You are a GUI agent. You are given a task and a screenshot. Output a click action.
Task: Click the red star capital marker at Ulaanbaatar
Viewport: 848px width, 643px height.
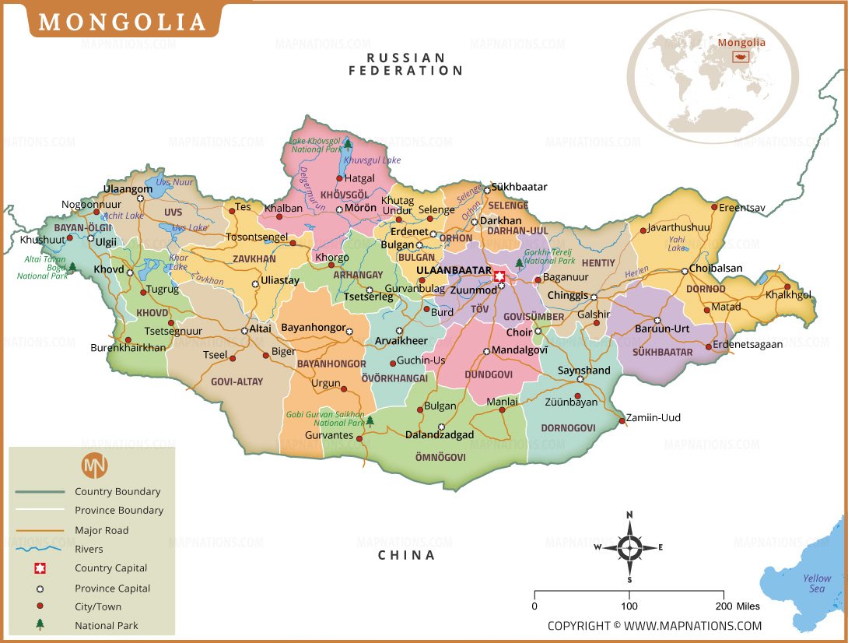[x=499, y=275]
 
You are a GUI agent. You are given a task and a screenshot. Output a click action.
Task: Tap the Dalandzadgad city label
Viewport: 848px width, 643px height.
[x=439, y=435]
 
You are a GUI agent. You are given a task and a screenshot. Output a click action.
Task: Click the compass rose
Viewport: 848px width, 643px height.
[x=629, y=547]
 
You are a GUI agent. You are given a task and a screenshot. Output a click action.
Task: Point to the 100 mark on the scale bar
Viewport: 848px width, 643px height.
[x=629, y=606]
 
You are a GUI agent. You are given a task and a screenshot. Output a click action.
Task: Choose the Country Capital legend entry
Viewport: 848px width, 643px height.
[x=110, y=568]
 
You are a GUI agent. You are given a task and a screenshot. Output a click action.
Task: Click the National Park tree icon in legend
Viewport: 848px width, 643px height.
[x=40, y=624]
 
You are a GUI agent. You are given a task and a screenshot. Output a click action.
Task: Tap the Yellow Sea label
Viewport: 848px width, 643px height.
[x=817, y=583]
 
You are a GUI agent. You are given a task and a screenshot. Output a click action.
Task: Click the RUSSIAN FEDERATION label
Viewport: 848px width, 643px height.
[x=405, y=64]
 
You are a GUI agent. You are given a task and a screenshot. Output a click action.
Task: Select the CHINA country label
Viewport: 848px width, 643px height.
[x=406, y=555]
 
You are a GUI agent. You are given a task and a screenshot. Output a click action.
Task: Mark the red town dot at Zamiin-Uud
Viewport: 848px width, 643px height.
[x=622, y=421]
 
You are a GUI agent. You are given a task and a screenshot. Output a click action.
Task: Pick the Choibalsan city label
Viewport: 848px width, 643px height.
[x=716, y=269]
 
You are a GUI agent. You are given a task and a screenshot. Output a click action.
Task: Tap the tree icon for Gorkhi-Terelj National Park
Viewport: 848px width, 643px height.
[x=520, y=264]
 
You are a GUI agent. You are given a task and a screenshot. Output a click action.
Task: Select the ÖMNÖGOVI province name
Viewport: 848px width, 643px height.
[x=440, y=458]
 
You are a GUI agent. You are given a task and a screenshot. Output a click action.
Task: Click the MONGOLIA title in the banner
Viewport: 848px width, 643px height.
[x=122, y=22]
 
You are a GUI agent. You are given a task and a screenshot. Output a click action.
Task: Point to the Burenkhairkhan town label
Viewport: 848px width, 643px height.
[x=128, y=348]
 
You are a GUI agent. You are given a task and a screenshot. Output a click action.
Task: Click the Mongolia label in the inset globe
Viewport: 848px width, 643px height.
[x=741, y=43]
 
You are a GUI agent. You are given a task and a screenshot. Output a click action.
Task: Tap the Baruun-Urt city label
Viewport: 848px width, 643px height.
[x=663, y=329]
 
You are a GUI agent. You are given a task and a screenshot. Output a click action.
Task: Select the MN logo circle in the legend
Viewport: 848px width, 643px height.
[x=94, y=466]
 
